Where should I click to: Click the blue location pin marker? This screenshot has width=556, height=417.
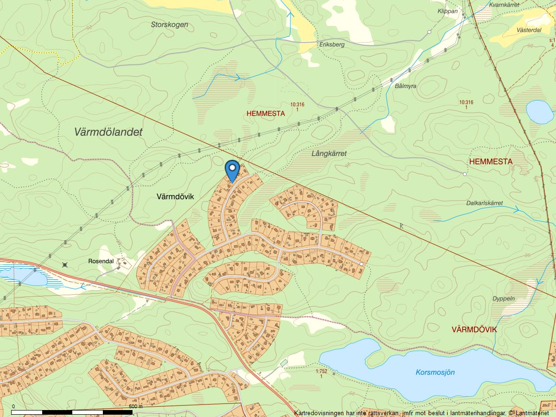[232, 170]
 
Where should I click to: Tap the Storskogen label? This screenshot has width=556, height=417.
[170, 25]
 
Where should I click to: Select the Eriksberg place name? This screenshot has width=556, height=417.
[332, 44]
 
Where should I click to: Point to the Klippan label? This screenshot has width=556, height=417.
[447, 11]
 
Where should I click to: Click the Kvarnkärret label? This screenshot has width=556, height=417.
[503, 6]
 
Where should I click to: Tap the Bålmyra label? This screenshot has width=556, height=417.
[406, 86]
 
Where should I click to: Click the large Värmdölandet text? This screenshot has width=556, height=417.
[108, 132]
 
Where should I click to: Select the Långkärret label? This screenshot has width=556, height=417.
[329, 153]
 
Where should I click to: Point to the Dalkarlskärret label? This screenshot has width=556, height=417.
[491, 203]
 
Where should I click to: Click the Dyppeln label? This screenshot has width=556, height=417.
[504, 299]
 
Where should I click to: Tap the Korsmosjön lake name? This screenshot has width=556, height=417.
[435, 372]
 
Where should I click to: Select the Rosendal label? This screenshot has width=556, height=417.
[101, 261]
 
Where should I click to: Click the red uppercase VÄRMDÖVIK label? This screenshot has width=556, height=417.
[474, 329]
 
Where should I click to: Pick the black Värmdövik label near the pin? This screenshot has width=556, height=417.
[175, 197]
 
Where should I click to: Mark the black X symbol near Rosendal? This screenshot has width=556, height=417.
[65, 265]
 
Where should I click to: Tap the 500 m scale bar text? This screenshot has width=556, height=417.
[135, 406]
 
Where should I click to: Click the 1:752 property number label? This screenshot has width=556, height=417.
[321, 372]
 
